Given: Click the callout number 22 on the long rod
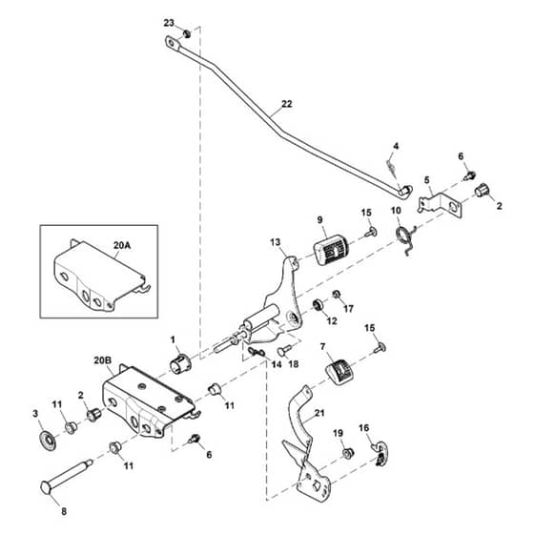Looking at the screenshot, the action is [x=287, y=104].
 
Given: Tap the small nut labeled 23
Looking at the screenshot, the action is [x=187, y=34].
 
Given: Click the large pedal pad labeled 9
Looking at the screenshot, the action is [x=329, y=249].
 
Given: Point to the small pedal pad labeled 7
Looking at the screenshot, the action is [x=338, y=372].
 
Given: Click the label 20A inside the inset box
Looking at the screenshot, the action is [x=122, y=245].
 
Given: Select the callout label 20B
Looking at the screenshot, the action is [x=103, y=360].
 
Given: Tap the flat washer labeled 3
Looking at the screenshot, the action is [x=49, y=441].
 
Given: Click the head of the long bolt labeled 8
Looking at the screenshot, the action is [x=47, y=487].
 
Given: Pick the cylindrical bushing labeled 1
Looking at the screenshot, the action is [x=180, y=363].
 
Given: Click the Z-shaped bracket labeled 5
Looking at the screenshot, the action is [x=441, y=204].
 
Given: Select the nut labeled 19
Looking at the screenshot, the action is [x=348, y=453].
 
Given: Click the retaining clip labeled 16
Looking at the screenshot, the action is [x=381, y=454].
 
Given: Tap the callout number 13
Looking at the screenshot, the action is [x=276, y=242].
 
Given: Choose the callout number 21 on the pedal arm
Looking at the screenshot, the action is [x=319, y=413].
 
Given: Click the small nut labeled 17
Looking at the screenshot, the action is [x=337, y=294].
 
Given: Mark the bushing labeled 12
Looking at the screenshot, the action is [x=318, y=304].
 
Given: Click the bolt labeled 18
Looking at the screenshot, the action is [x=285, y=350].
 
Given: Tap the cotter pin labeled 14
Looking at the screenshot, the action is [x=257, y=351].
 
